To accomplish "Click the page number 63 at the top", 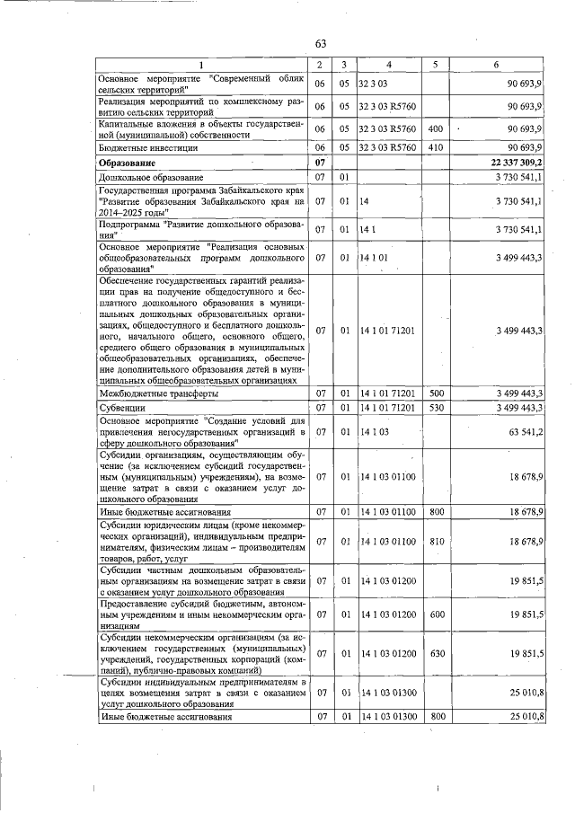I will [321, 44].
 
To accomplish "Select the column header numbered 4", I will [389, 65].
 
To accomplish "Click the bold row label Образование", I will [127, 163].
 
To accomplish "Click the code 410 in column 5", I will [436, 147].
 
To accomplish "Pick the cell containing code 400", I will [436, 129].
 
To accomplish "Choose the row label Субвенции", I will [121, 408].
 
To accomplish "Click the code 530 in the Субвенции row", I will [436, 408].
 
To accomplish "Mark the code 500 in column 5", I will [436, 393].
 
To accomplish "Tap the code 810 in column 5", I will [436, 542].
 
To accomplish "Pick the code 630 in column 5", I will [436, 654].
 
